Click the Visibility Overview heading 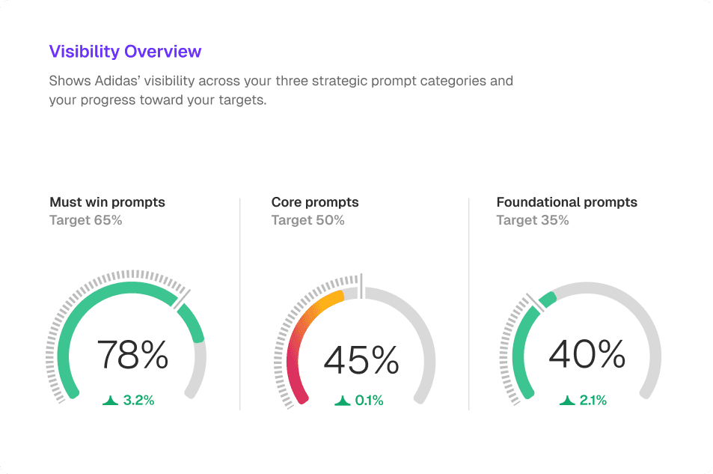125,52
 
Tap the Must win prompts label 107,202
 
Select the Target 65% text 85,220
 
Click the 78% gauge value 133,355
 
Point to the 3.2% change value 139,401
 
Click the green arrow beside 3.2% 111,401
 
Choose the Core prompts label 315,202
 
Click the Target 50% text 307,220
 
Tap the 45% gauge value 361,360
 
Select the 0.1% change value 369,401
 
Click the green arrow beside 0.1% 343,401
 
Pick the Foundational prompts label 567,202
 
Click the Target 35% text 533,220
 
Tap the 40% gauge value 587,355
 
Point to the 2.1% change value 593,401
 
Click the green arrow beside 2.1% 566,401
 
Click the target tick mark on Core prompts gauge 361,285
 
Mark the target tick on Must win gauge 183,297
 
